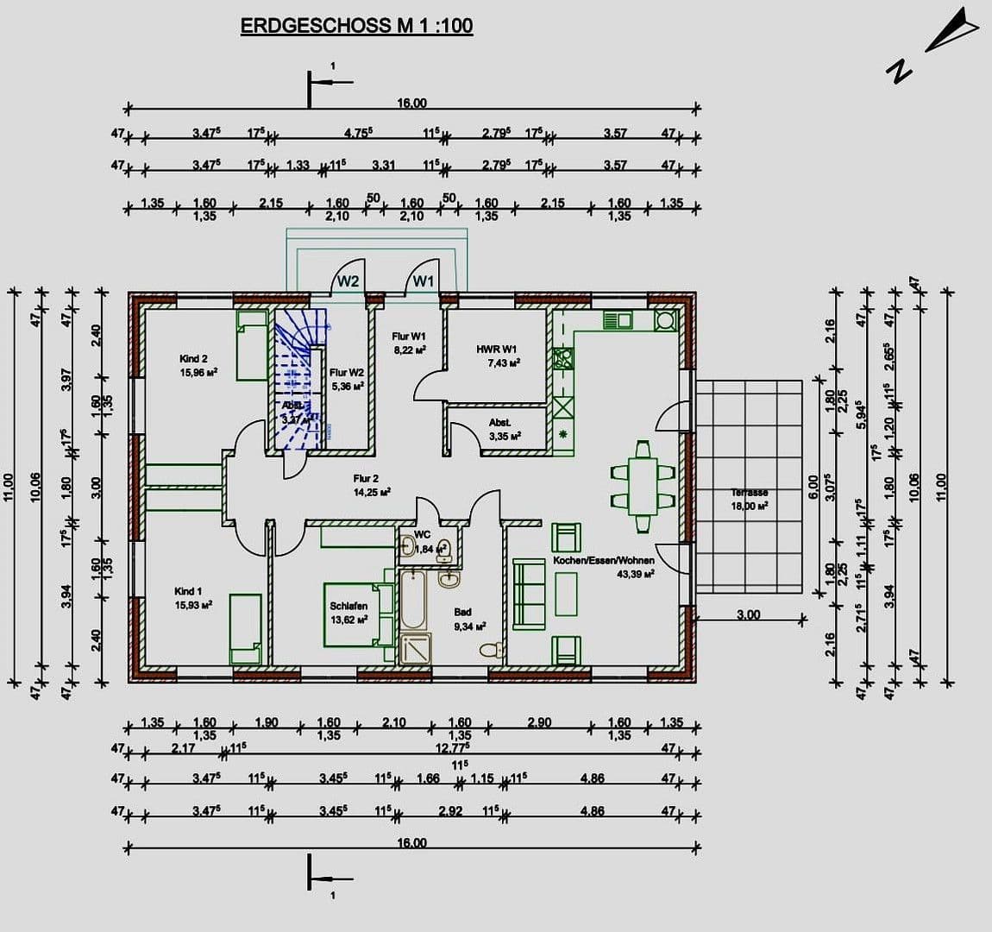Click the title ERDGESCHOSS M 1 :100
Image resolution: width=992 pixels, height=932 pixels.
(356, 26)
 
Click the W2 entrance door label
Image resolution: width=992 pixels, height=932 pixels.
(348, 280)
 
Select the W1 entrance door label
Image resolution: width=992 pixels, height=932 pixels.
(423, 280)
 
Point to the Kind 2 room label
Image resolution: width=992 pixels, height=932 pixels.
(193, 359)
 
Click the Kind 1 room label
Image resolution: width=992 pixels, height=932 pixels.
(188, 592)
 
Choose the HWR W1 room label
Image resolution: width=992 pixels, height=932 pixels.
(497, 349)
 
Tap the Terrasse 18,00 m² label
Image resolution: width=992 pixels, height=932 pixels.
(749, 500)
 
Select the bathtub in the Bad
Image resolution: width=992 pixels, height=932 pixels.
(412, 599)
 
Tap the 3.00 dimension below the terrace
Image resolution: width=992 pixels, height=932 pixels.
(748, 615)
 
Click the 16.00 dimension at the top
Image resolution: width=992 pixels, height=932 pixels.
(411, 104)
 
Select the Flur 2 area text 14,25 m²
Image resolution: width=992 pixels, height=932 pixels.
(372, 492)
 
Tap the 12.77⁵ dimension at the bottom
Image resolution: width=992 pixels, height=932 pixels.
(453, 748)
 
